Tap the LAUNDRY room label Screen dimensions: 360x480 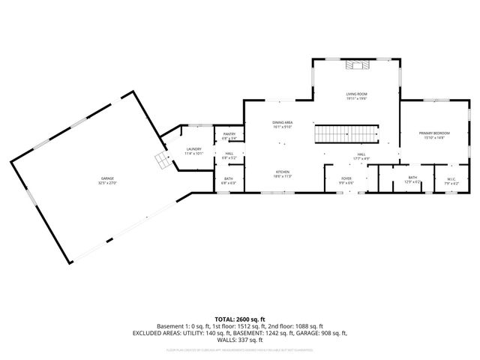pyautogui.click(x=194, y=148)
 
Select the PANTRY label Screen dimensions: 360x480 pyautogui.click(x=229, y=134)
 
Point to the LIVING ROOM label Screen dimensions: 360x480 pyautogui.click(x=356, y=94)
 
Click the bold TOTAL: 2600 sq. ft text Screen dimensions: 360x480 pyautogui.click(x=240, y=319)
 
